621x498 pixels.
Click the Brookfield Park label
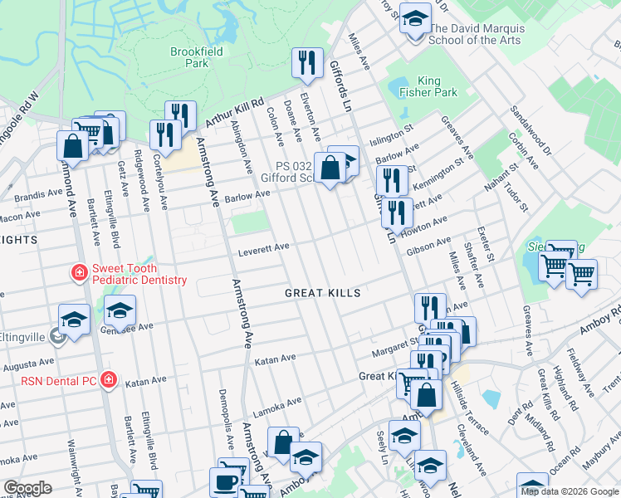(x=189, y=56)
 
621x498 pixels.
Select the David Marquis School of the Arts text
(x=475, y=34)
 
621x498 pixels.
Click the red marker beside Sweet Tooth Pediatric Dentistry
(x=79, y=272)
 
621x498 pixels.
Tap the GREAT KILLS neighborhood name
(x=323, y=293)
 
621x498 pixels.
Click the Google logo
(x=27, y=488)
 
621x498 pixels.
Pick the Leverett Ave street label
(x=264, y=247)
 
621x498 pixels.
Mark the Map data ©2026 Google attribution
(x=570, y=491)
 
